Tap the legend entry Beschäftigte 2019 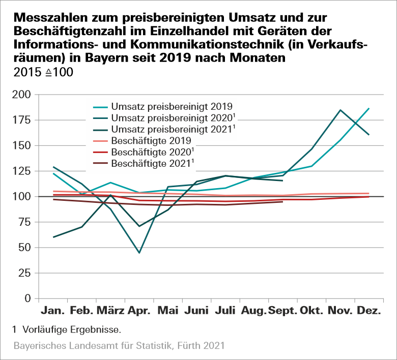click(151, 141)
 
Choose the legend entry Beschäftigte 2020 click(151, 152)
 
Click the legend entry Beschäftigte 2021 click(151, 164)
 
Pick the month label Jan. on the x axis click(53, 310)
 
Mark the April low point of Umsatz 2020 click(139, 253)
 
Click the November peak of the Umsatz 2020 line click(340, 110)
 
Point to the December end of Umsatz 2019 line click(368, 108)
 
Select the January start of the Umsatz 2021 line click(53, 237)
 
